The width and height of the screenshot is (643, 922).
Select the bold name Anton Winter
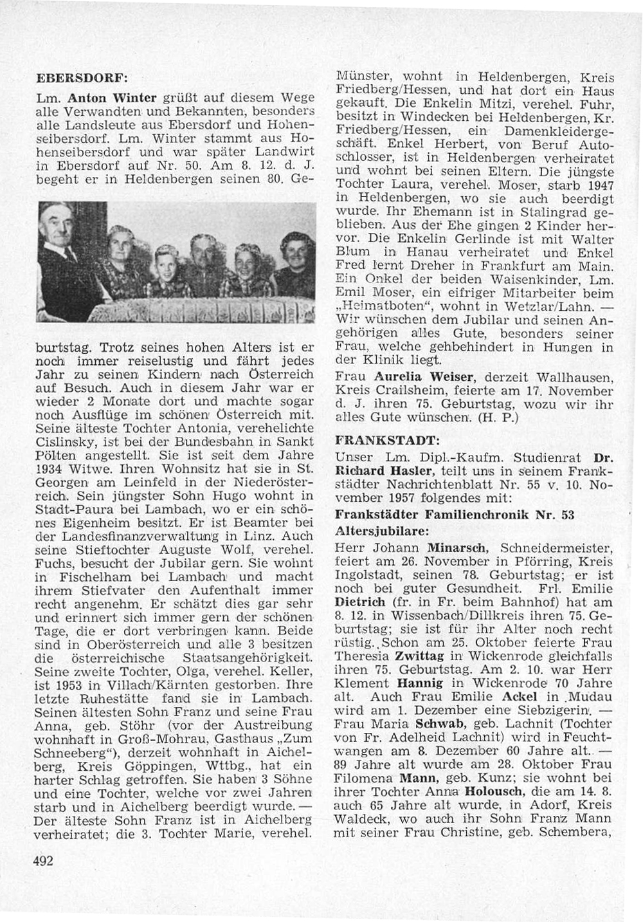coord(113,98)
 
